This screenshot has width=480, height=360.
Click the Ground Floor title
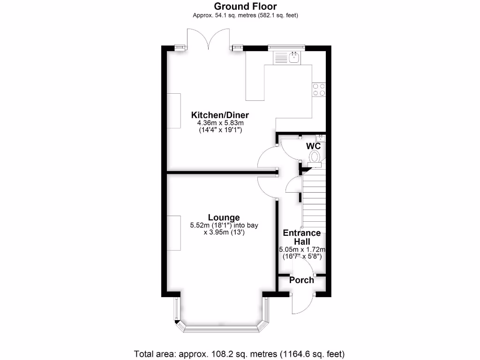(x=245, y=6)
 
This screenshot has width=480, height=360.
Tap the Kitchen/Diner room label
(x=219, y=115)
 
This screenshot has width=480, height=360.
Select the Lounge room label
(x=224, y=217)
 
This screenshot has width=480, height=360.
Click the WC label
(x=313, y=146)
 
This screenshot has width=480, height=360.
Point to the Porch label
(x=301, y=280)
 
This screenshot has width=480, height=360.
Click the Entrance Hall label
(x=301, y=237)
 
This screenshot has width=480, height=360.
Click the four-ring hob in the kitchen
(x=319, y=89)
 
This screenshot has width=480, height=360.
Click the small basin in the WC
(x=321, y=138)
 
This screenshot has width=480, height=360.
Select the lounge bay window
(x=223, y=326)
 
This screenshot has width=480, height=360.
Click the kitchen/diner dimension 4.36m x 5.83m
(x=219, y=124)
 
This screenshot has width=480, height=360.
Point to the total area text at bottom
(x=240, y=353)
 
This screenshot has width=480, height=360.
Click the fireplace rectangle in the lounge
(x=174, y=233)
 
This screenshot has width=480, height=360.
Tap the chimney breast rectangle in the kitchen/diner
(x=174, y=111)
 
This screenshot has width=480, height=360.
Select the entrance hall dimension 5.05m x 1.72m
(x=302, y=249)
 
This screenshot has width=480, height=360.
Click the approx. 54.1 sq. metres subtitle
(x=245, y=15)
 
